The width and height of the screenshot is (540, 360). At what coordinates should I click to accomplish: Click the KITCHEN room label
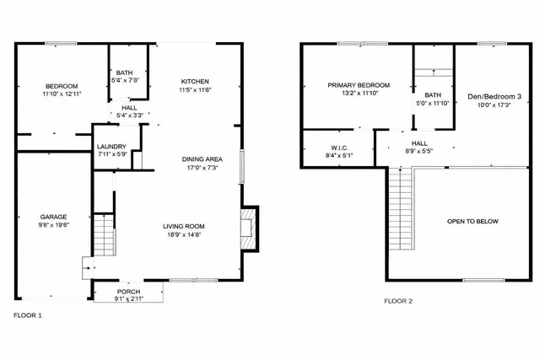(194, 81)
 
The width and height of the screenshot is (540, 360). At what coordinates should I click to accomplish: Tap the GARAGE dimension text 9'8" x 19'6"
(53, 225)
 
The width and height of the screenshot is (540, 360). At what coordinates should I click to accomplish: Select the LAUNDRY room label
(111, 147)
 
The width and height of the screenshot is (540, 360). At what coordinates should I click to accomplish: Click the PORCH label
(128, 292)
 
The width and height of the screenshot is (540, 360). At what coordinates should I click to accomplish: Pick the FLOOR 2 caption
(398, 301)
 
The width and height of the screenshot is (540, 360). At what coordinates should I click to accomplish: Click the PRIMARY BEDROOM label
(359, 85)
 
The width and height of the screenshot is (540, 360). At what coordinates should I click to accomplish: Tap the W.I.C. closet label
(339, 148)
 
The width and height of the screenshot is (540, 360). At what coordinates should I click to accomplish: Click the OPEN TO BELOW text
(472, 222)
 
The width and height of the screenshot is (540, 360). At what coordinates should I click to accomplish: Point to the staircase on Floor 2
(402, 207)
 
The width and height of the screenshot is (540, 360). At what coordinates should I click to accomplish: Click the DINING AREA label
(202, 159)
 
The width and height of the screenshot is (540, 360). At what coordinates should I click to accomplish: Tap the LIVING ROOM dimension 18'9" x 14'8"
(184, 235)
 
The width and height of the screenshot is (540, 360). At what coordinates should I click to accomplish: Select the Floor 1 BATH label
(124, 73)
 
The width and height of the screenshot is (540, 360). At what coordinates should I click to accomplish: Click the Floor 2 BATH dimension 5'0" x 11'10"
(433, 104)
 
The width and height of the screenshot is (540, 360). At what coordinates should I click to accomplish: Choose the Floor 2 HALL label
(418, 143)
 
